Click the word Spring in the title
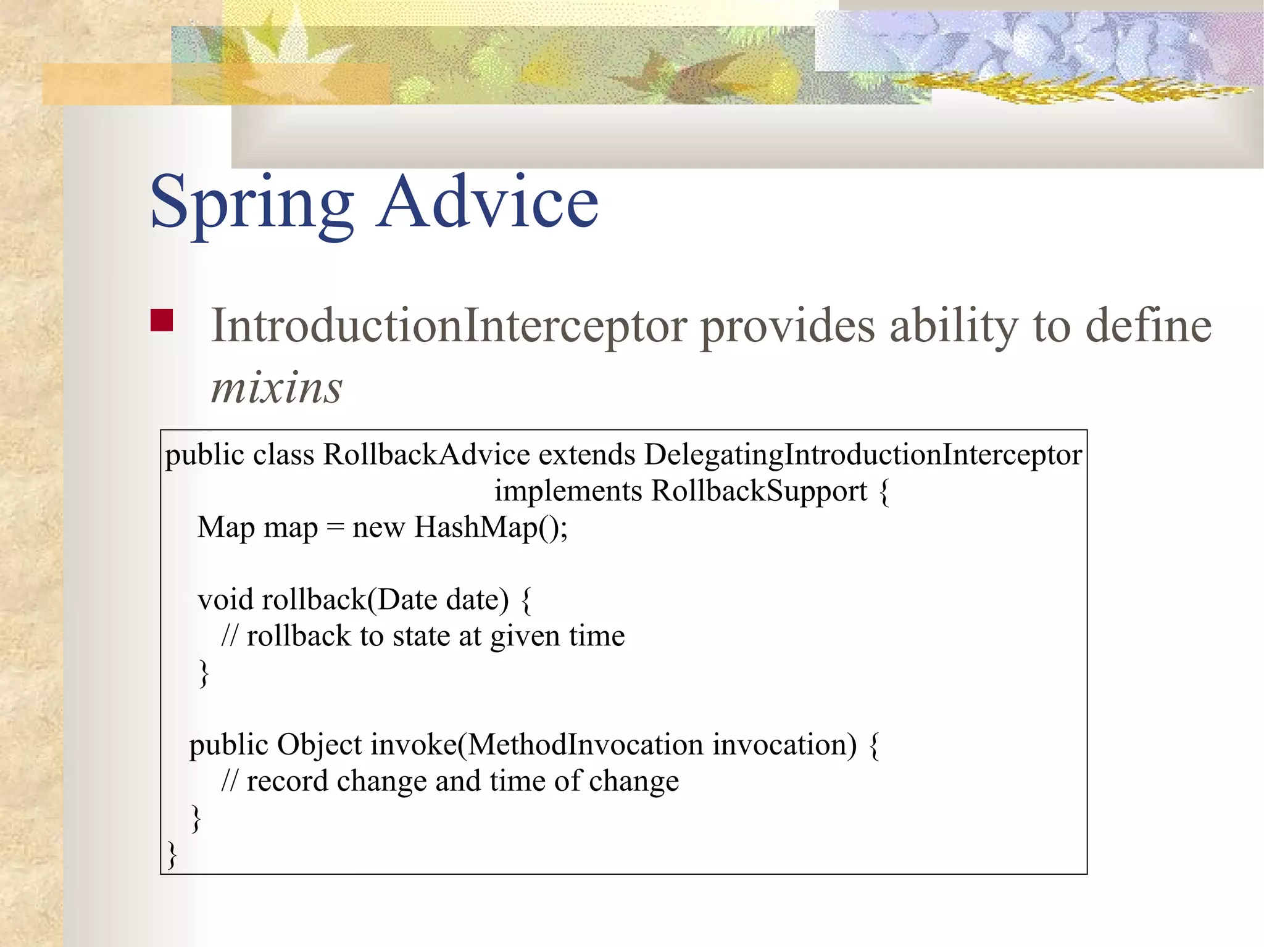point(252,204)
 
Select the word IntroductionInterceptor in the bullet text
point(449,326)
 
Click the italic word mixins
point(276,389)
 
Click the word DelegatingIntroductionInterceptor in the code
point(863,455)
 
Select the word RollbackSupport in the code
point(759,492)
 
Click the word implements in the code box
point(568,492)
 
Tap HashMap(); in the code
point(491,528)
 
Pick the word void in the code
point(226,600)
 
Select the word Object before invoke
point(319,745)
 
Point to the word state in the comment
point(421,636)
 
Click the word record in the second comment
point(287,782)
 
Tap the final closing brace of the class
point(172,854)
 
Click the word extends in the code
point(586,455)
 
